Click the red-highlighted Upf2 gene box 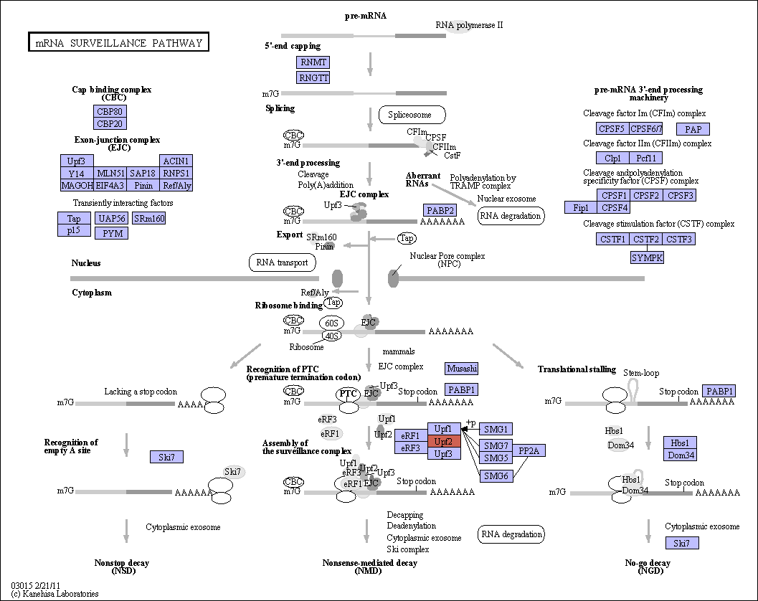pos(444,441)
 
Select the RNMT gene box pos(313,62)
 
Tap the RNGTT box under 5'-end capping pos(313,77)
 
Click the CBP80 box pos(110,111)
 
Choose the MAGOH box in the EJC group pos(77,185)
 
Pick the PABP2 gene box pos(440,210)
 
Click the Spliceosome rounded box pos(412,115)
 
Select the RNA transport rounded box pos(283,262)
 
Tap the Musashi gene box pos(462,369)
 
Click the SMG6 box pos(496,475)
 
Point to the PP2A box pos(529,450)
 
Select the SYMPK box pos(647,257)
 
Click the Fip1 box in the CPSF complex pos(581,207)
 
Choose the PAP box pos(693,129)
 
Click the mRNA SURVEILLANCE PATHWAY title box pos(118,42)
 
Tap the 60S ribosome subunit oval pos(331,323)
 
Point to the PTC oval pos(348,394)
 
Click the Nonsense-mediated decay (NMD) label pos(369,567)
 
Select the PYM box pos(112,233)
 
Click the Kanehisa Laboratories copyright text pos(55,594)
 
